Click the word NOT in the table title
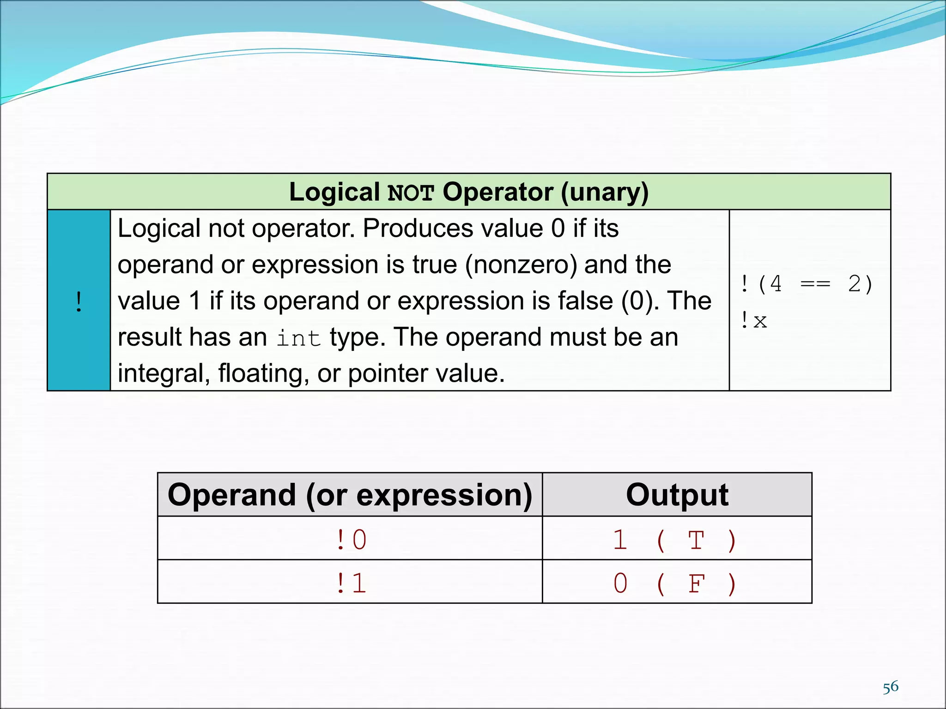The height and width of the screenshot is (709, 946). click(x=411, y=193)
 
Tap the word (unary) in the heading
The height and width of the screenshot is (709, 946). click(x=605, y=192)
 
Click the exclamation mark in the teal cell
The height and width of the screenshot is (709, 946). click(x=79, y=302)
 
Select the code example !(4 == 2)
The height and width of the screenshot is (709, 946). click(x=807, y=284)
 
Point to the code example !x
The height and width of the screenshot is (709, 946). click(x=754, y=320)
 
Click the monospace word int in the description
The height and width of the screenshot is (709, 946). click(x=299, y=338)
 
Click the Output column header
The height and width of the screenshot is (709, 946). click(x=677, y=495)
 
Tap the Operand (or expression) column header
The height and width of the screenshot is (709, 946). click(x=350, y=495)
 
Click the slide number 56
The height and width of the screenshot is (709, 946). click(x=890, y=687)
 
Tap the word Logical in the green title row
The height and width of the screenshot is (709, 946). click(x=334, y=192)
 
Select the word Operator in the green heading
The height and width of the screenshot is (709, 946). click(x=498, y=192)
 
